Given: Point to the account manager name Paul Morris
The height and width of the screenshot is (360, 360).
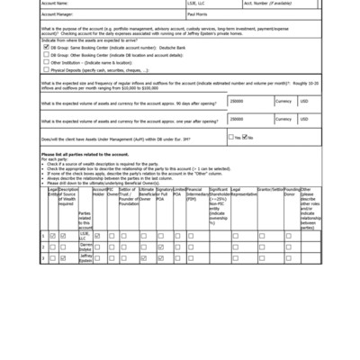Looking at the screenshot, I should coord(198,14).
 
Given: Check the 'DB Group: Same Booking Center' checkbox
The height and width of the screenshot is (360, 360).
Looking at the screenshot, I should coord(46,46).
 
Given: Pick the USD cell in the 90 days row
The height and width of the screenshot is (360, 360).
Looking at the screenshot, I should coord(303,102).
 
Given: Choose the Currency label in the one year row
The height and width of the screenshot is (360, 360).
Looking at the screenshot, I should coord(283,119).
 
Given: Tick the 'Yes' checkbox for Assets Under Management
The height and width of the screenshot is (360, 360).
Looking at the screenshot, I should coord(231,137).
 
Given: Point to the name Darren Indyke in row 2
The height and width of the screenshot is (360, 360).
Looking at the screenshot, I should coord(85,247).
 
